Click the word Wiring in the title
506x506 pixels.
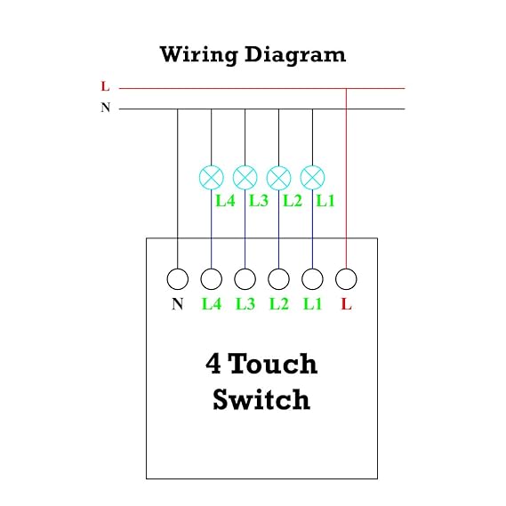coord(199,55)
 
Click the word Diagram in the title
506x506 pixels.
coord(295,55)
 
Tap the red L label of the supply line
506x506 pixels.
coord(105,86)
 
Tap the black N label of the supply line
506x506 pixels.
coord(106,107)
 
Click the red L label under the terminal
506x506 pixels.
coord(346,304)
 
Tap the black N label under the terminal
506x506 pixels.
coord(178,304)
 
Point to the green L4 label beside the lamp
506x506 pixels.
coord(225,201)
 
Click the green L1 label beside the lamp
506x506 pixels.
coord(325,201)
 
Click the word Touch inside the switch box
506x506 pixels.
coord(274,364)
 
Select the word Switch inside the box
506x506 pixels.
coord(261,399)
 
